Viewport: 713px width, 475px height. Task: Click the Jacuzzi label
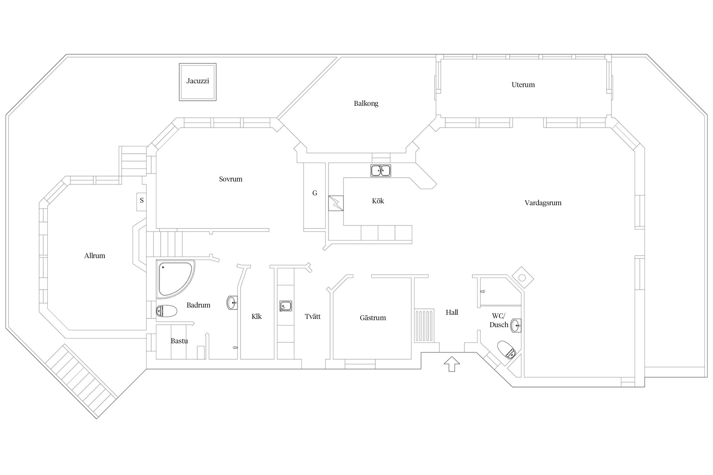[x=198, y=81]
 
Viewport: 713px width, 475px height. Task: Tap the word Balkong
[x=366, y=104]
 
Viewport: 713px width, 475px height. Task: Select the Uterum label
[x=523, y=85]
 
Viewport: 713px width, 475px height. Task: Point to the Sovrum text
[x=231, y=179]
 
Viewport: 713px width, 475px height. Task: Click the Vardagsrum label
[x=543, y=203]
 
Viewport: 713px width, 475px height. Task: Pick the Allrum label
[x=95, y=256]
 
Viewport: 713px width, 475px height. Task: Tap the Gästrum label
[x=373, y=318]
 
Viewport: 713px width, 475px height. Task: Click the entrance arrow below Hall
[x=452, y=364]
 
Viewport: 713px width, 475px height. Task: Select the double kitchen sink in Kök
[x=381, y=170]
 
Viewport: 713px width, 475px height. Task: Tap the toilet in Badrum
[x=166, y=311]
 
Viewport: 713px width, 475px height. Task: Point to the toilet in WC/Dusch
[x=507, y=350]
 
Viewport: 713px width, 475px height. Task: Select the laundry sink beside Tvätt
[x=286, y=306]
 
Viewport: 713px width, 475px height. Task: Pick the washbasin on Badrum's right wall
[x=232, y=302]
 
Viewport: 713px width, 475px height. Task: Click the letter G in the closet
[x=315, y=193]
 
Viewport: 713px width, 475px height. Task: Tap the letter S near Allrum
[x=142, y=200]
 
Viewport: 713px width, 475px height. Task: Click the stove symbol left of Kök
[x=336, y=203]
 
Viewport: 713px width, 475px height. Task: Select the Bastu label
[x=179, y=341]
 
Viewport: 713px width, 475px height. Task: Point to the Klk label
[x=257, y=316]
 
